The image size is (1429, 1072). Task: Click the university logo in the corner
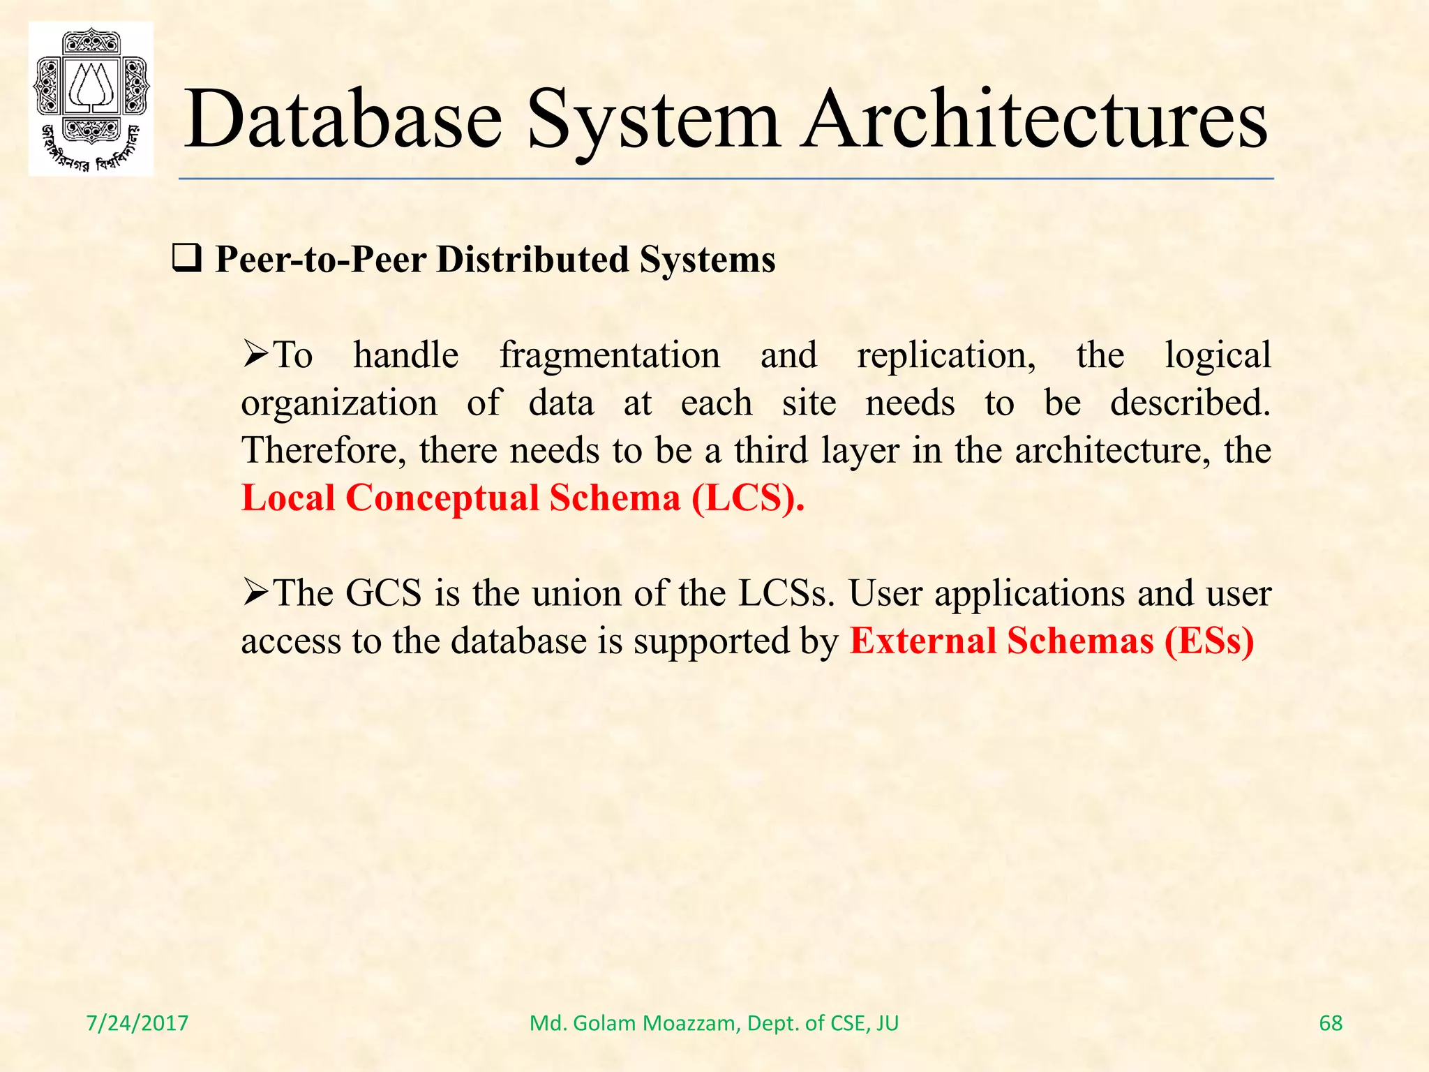coord(91,99)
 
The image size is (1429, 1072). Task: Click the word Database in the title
coord(343,120)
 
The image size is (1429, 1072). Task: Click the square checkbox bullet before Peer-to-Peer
coord(186,260)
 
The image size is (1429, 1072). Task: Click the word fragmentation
coord(609,355)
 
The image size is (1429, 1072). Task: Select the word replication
coord(946,355)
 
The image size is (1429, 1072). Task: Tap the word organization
coord(339,403)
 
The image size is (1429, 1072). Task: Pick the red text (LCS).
coord(747,498)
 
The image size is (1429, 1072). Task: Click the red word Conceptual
coord(442,498)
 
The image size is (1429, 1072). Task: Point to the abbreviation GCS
coord(383,593)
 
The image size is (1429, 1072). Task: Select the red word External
coord(922,641)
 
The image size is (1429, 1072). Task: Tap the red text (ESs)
coord(1209,641)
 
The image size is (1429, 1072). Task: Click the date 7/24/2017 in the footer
coord(137,1023)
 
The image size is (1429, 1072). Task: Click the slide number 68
coord(1331,1023)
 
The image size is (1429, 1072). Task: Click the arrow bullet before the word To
coord(255,356)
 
